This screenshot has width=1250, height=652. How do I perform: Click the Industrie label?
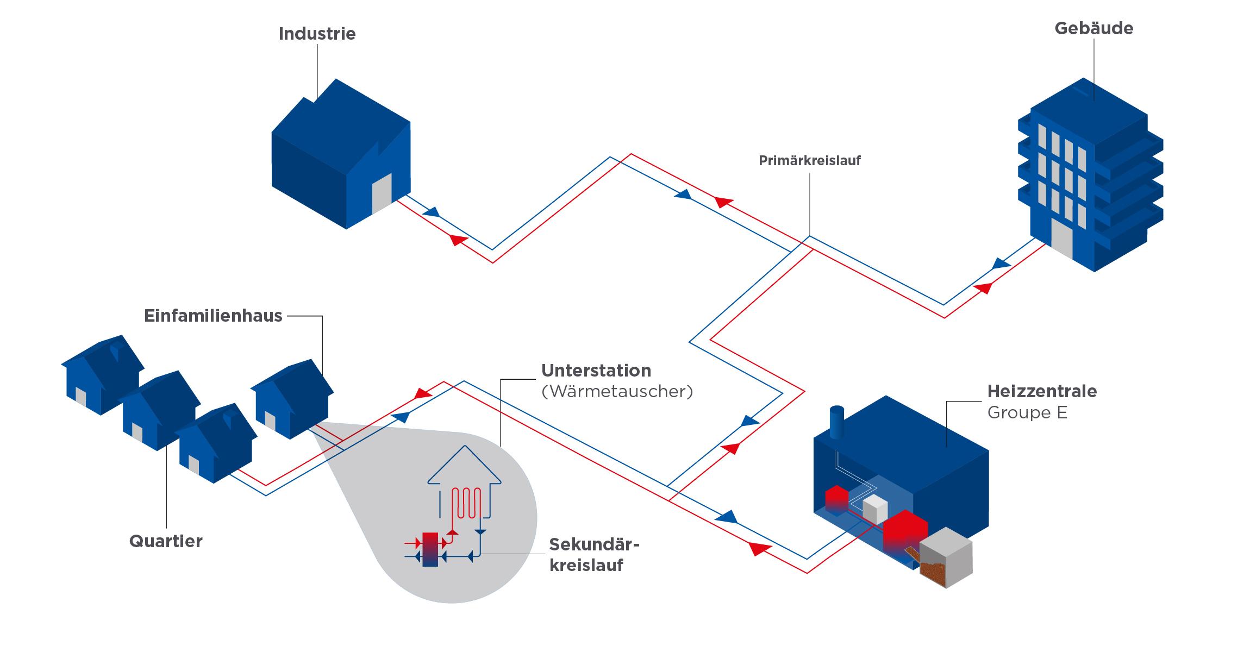(x=317, y=34)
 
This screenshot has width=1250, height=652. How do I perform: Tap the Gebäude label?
(x=1093, y=28)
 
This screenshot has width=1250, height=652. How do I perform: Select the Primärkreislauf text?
(x=809, y=161)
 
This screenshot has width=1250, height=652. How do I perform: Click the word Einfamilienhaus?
(x=213, y=316)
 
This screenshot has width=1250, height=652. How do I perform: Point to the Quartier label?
(x=166, y=541)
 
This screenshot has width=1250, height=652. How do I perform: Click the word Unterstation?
(x=596, y=371)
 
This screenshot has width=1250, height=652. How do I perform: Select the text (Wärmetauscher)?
(x=617, y=391)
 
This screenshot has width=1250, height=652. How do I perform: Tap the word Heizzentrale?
(x=1042, y=391)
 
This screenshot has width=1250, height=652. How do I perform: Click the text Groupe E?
(x=1027, y=413)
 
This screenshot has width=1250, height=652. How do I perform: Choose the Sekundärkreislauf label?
(x=593, y=555)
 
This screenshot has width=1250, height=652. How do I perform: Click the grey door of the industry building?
(x=382, y=193)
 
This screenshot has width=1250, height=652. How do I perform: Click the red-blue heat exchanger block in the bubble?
(x=429, y=549)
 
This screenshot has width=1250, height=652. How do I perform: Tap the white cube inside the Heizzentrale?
(x=875, y=510)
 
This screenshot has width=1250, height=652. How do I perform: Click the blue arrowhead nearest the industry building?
(x=432, y=212)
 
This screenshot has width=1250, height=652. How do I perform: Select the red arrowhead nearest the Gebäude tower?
(x=983, y=287)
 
